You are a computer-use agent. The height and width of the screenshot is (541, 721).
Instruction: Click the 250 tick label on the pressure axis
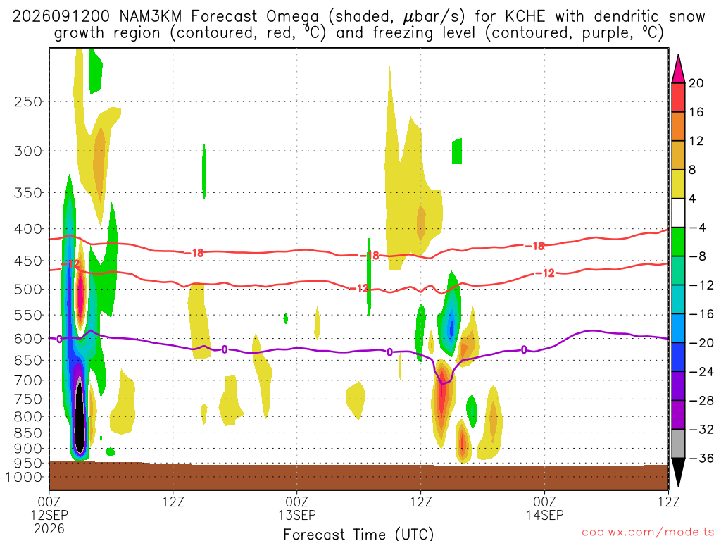(28, 101)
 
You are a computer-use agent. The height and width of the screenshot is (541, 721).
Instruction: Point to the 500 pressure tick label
(28, 290)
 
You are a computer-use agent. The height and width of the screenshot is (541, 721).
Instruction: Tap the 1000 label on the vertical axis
(24, 477)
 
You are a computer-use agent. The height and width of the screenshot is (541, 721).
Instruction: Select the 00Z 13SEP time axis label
(297, 508)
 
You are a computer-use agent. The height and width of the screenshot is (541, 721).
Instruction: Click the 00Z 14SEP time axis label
(545, 508)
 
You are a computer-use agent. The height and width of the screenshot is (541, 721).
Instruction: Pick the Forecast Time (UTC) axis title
(358, 534)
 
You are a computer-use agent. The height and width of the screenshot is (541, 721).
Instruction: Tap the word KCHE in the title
(525, 16)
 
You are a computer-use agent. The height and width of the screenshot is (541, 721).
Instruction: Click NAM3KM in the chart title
(151, 16)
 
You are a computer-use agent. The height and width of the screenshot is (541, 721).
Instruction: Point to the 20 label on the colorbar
(696, 83)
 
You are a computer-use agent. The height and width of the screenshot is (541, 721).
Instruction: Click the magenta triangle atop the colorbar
(678, 69)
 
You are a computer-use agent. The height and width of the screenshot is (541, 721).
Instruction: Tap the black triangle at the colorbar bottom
(678, 472)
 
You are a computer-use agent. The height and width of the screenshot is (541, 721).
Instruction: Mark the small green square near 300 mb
(457, 151)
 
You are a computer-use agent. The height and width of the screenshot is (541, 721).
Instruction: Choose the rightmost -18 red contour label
(534, 246)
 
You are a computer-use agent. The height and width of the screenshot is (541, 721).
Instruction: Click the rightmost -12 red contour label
(546, 273)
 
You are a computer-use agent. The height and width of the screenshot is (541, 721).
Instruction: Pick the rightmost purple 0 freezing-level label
(524, 350)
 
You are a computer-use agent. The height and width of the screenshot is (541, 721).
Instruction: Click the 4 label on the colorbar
(692, 199)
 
